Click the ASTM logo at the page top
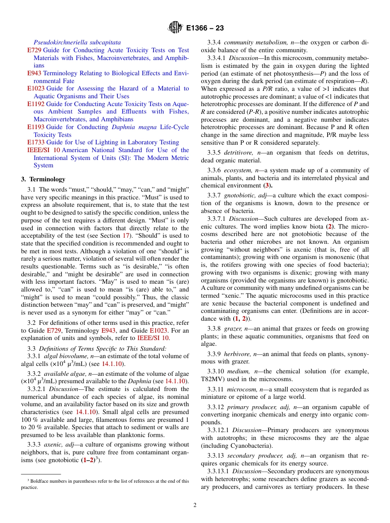click(175, 28)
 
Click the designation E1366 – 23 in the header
click(205, 28)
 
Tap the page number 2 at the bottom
click(195, 505)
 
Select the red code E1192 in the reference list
click(35, 104)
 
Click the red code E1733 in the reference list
click(35, 142)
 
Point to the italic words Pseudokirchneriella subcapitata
click(77, 42)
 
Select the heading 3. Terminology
click(43, 179)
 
